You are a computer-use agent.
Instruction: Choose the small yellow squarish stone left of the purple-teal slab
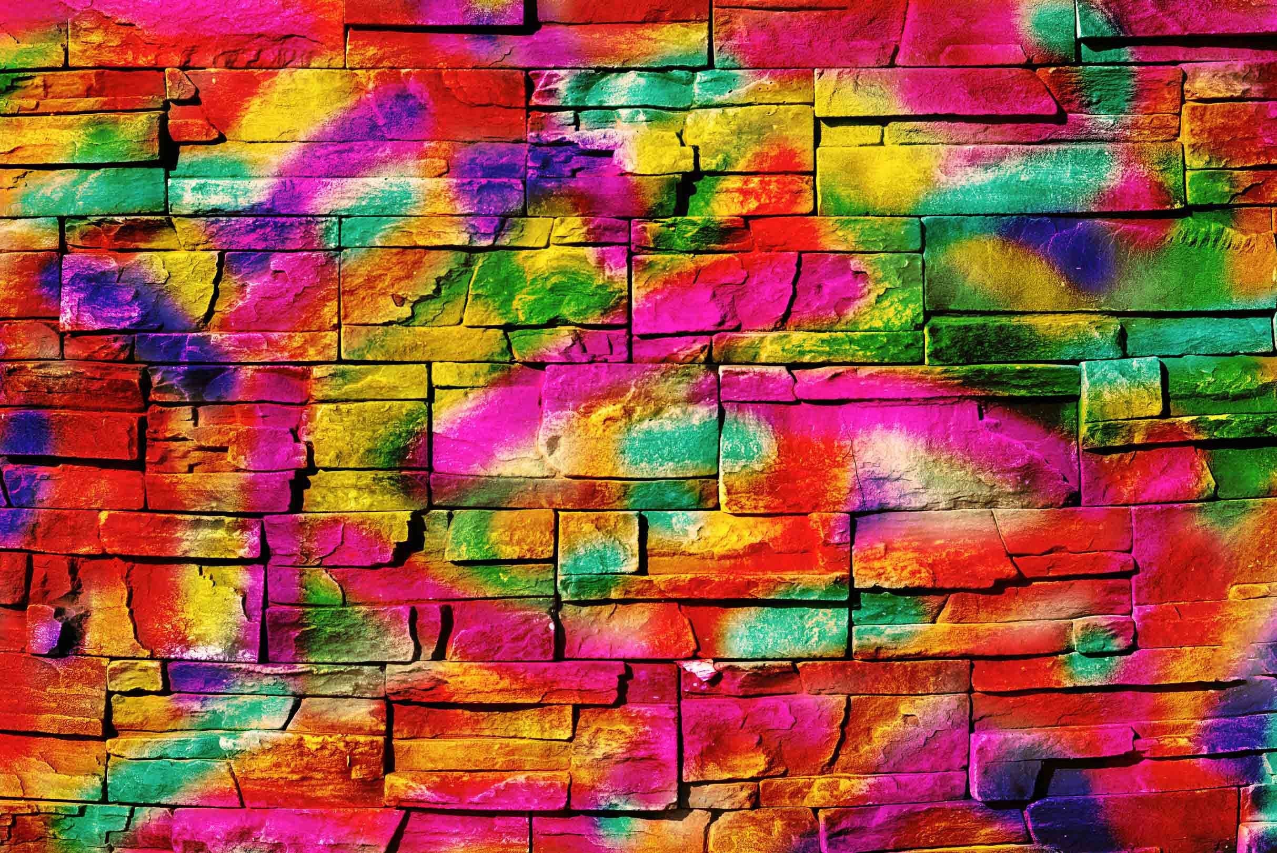pyautogui.click(x=134, y=675)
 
